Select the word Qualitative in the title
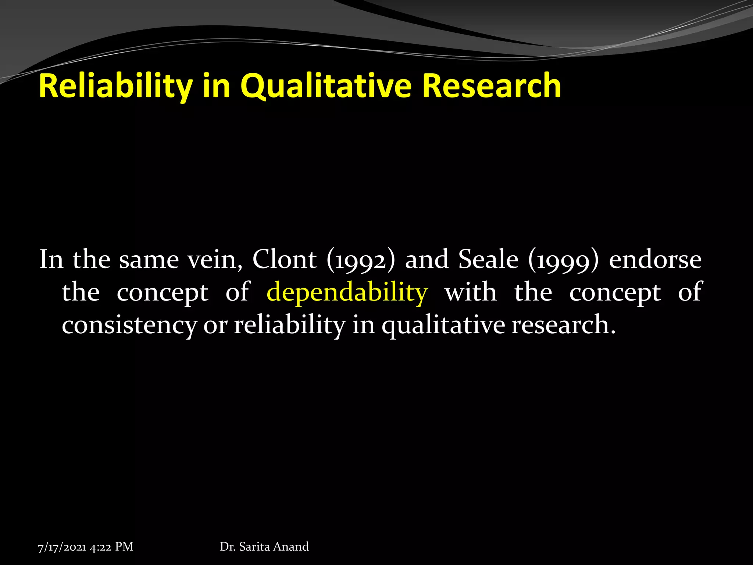click(x=326, y=86)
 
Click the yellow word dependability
click(x=347, y=293)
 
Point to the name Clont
click(x=284, y=260)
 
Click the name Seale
click(x=488, y=260)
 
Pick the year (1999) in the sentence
click(x=563, y=260)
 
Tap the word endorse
click(x=655, y=260)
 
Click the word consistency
click(x=129, y=325)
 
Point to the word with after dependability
click(x=471, y=292)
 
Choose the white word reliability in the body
click(x=290, y=325)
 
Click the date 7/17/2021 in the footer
click(x=62, y=547)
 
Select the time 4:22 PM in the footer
click(x=111, y=547)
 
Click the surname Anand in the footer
click(x=291, y=547)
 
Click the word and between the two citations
click(x=427, y=260)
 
